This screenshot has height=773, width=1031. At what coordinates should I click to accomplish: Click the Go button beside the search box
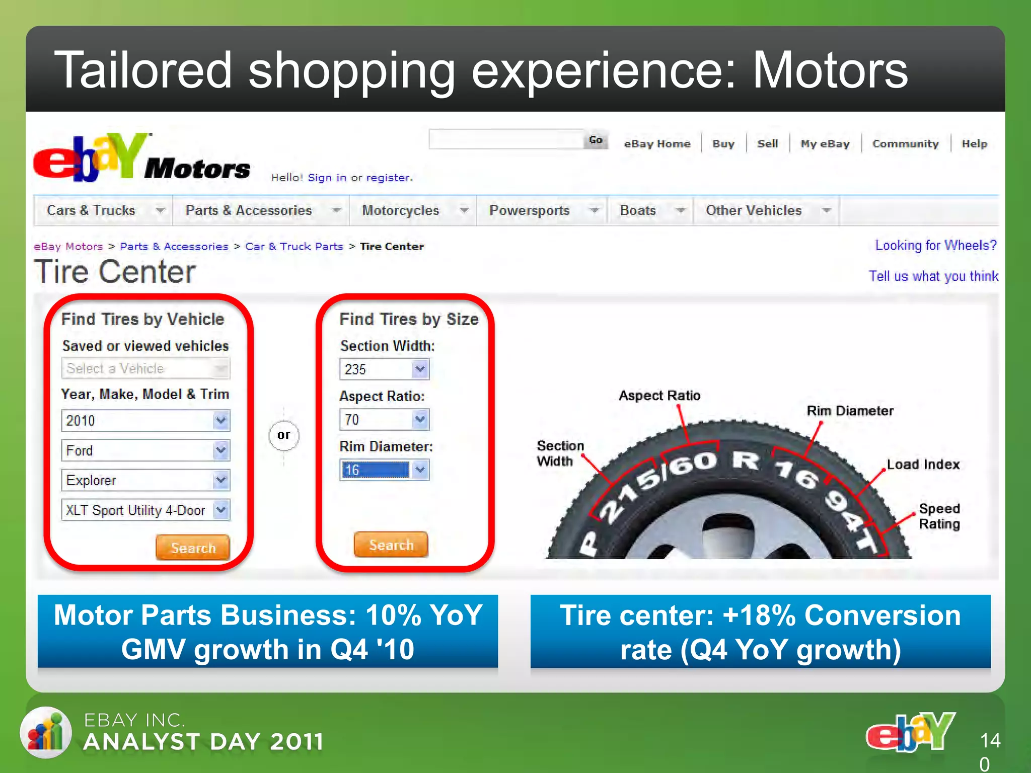(x=596, y=140)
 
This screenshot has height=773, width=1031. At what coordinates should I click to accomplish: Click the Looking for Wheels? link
(x=935, y=246)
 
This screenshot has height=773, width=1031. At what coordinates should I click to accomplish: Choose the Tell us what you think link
(x=933, y=276)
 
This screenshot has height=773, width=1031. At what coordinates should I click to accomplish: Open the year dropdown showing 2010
(x=145, y=420)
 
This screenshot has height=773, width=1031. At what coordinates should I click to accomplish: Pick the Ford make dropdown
(x=145, y=450)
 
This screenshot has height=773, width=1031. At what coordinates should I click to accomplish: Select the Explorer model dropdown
(x=145, y=480)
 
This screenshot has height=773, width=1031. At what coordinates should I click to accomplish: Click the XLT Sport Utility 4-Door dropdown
(x=145, y=510)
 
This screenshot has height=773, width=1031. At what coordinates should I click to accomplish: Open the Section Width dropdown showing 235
(x=384, y=369)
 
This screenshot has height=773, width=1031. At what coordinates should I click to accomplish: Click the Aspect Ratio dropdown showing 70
(x=384, y=419)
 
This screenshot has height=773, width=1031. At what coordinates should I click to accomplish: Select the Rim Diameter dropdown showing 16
(x=384, y=470)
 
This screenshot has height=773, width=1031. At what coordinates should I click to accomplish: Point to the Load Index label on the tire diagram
(x=923, y=465)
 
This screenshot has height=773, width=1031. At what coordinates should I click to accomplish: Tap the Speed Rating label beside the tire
(x=939, y=516)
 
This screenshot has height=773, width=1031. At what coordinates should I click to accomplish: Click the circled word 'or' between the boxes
(x=284, y=435)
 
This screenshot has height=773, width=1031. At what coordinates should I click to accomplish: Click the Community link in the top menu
(x=905, y=144)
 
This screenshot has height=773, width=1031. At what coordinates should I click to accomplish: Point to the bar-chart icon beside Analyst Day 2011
(x=46, y=732)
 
